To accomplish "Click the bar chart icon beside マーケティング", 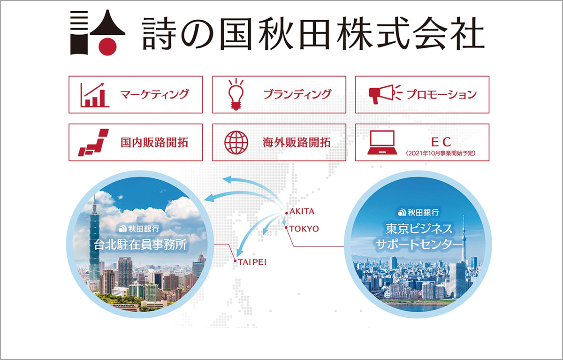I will coord(94,95).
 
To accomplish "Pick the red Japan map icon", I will coord(93,142).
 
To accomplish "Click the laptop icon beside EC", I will coord(382,142).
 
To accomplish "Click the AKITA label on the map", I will coord(302,212).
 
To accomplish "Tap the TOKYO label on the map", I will coord(304,229).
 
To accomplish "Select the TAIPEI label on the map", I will coord(252,262).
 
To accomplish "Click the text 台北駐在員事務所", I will coord(137,245).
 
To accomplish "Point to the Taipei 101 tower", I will coord(95,235).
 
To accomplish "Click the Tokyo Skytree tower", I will coord(463,244).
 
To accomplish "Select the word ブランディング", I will coord(297,94).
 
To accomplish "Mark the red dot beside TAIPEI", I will coord(234,261).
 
